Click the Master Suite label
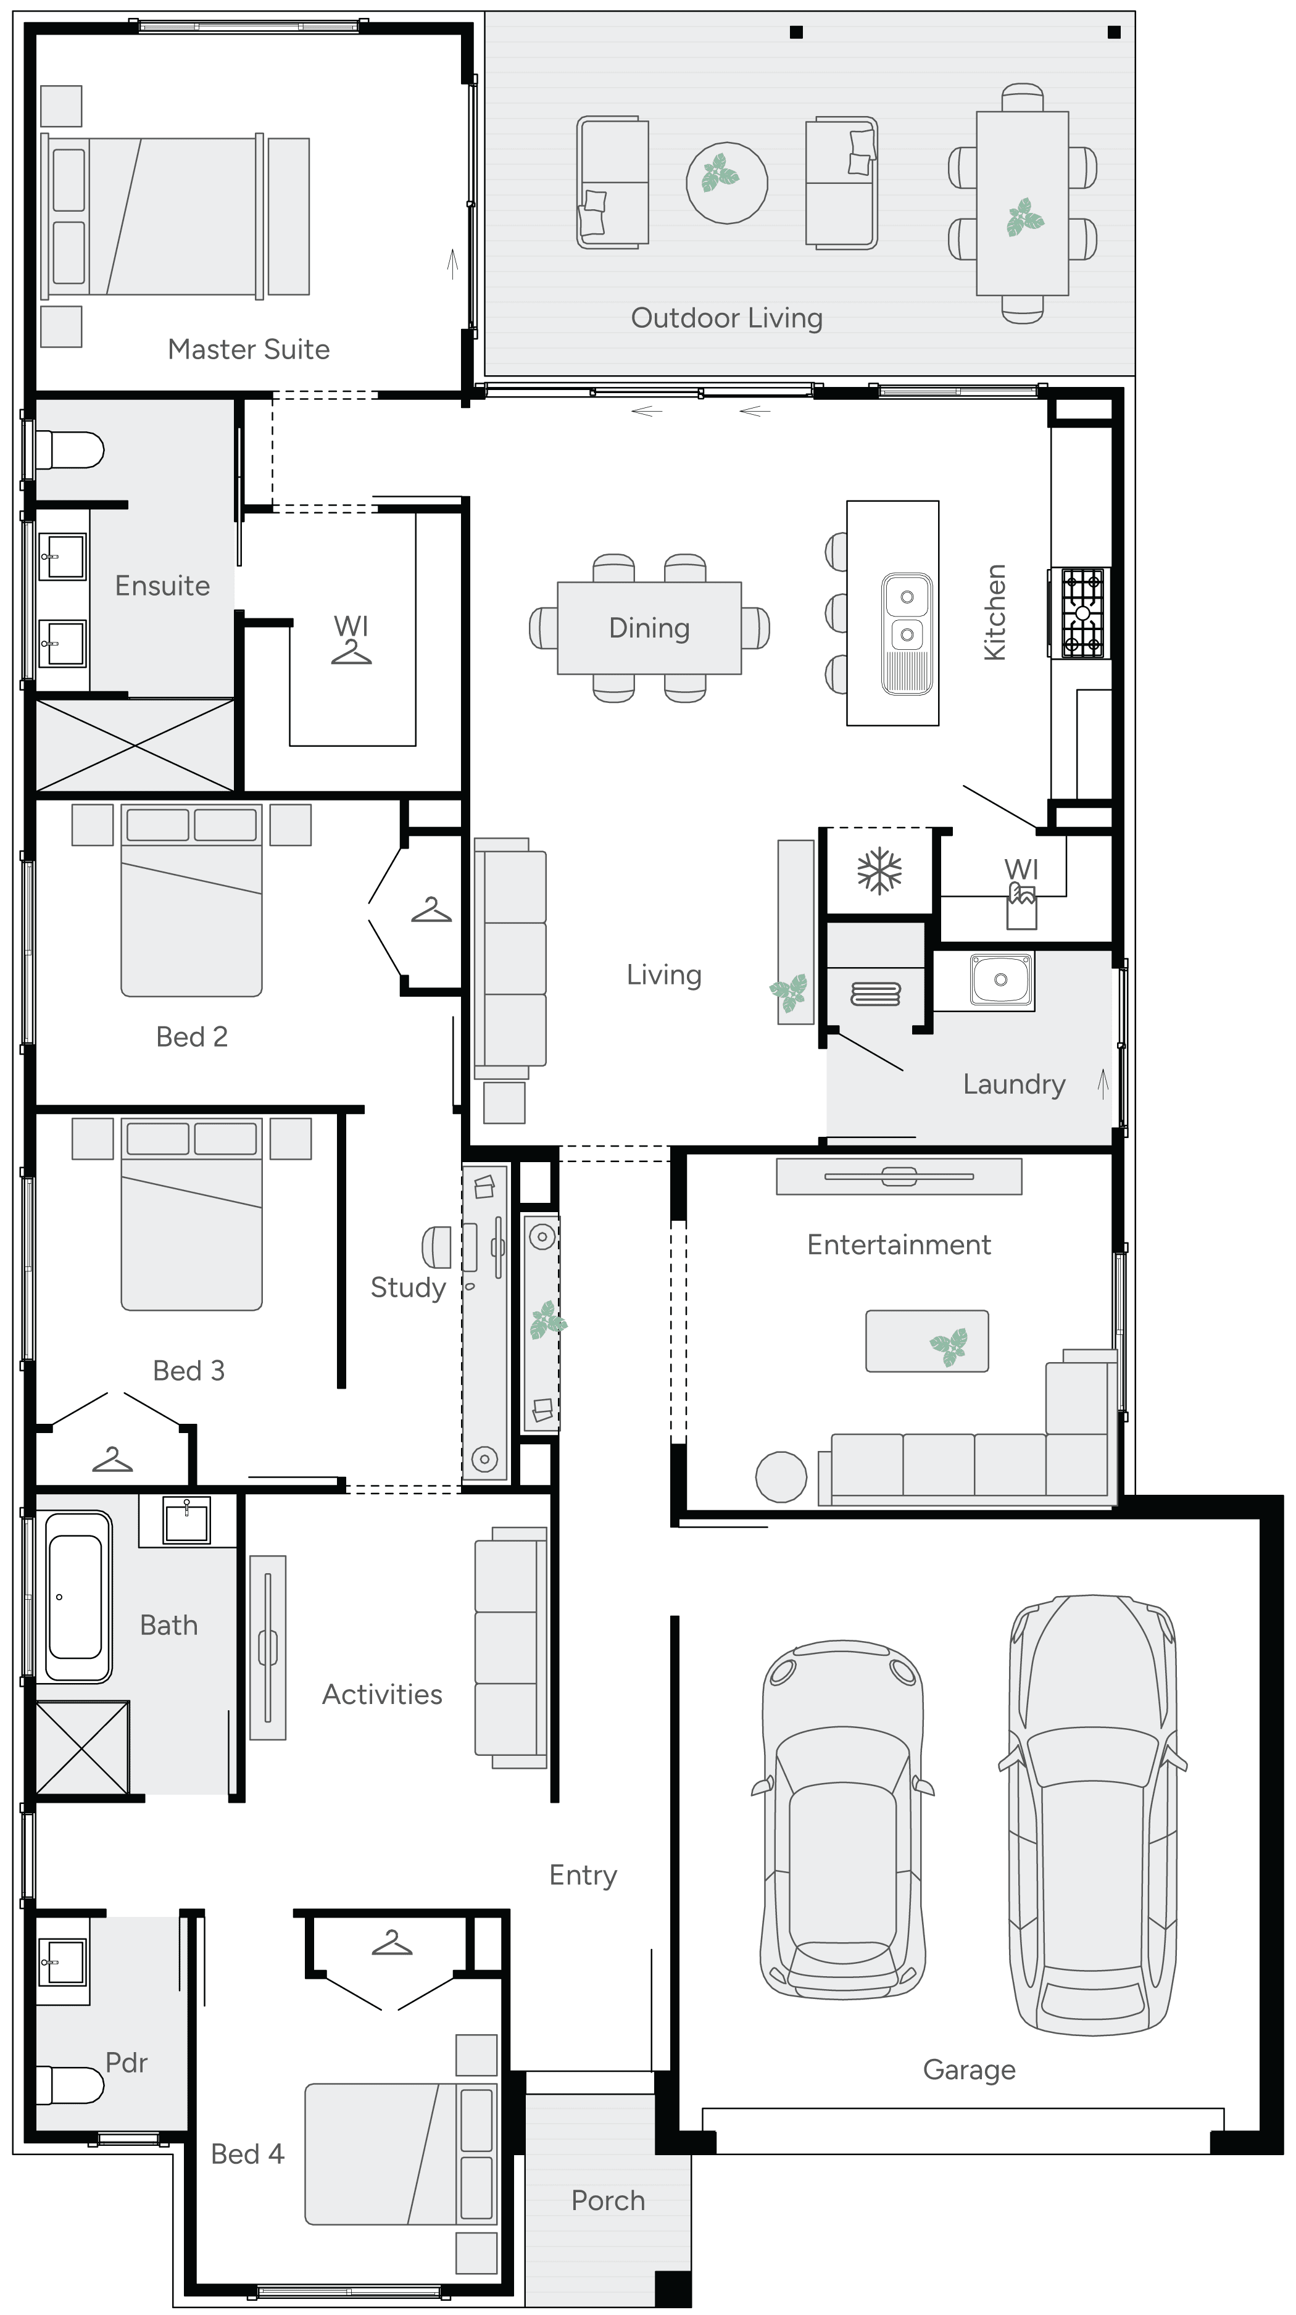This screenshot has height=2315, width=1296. click(248, 349)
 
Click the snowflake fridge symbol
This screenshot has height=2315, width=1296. click(879, 871)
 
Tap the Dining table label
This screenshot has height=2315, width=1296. click(649, 627)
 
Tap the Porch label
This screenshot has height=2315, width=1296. click(607, 2200)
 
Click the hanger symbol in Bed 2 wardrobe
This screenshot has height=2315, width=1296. click(431, 910)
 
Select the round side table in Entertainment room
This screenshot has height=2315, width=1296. click(781, 1476)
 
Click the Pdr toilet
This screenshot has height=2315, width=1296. click(72, 2085)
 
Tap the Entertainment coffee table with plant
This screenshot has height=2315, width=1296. click(926, 1341)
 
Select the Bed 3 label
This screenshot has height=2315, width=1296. click(189, 1371)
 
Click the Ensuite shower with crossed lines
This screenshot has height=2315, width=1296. click(134, 745)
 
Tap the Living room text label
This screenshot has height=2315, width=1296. click(663, 974)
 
